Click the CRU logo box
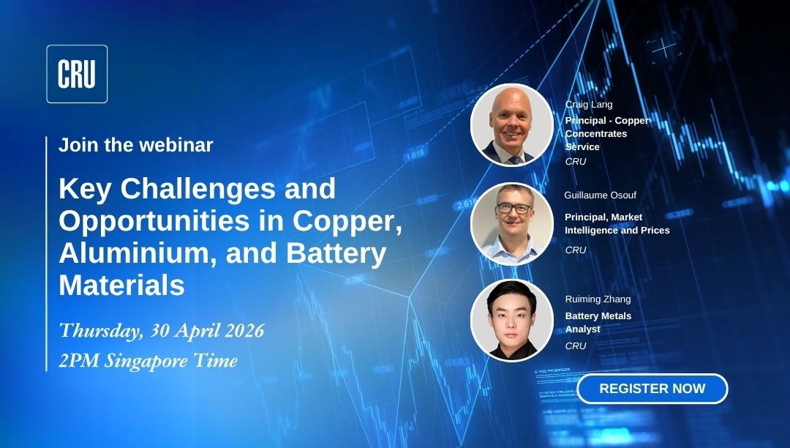pyautogui.click(x=77, y=74)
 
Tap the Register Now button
pyautogui.click(x=652, y=389)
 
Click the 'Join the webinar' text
pyautogui.click(x=136, y=145)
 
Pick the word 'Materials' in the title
pyautogui.click(x=122, y=285)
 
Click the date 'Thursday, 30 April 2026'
pyautogui.click(x=162, y=330)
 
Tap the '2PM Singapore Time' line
pyautogui.click(x=148, y=360)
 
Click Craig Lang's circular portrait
pyautogui.click(x=511, y=125)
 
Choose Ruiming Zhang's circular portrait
pyautogui.click(x=511, y=321)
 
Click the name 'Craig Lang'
pyautogui.click(x=589, y=105)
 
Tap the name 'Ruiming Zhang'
pyautogui.click(x=598, y=299)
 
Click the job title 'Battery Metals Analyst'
pyautogui.click(x=598, y=323)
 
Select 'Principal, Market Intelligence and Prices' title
pyautogui.click(x=617, y=224)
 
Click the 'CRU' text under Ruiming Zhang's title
pyautogui.click(x=576, y=346)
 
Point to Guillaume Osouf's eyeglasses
pyautogui.click(x=514, y=209)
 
